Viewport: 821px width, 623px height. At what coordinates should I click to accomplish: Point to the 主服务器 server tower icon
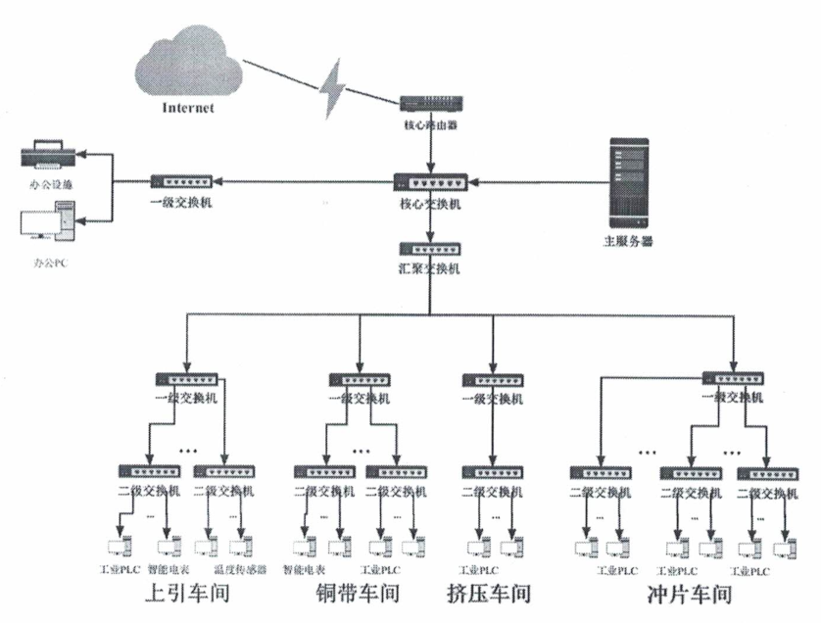point(629,182)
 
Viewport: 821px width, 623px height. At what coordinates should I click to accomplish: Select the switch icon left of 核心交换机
point(182,181)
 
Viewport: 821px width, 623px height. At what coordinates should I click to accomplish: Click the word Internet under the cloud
point(187,107)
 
